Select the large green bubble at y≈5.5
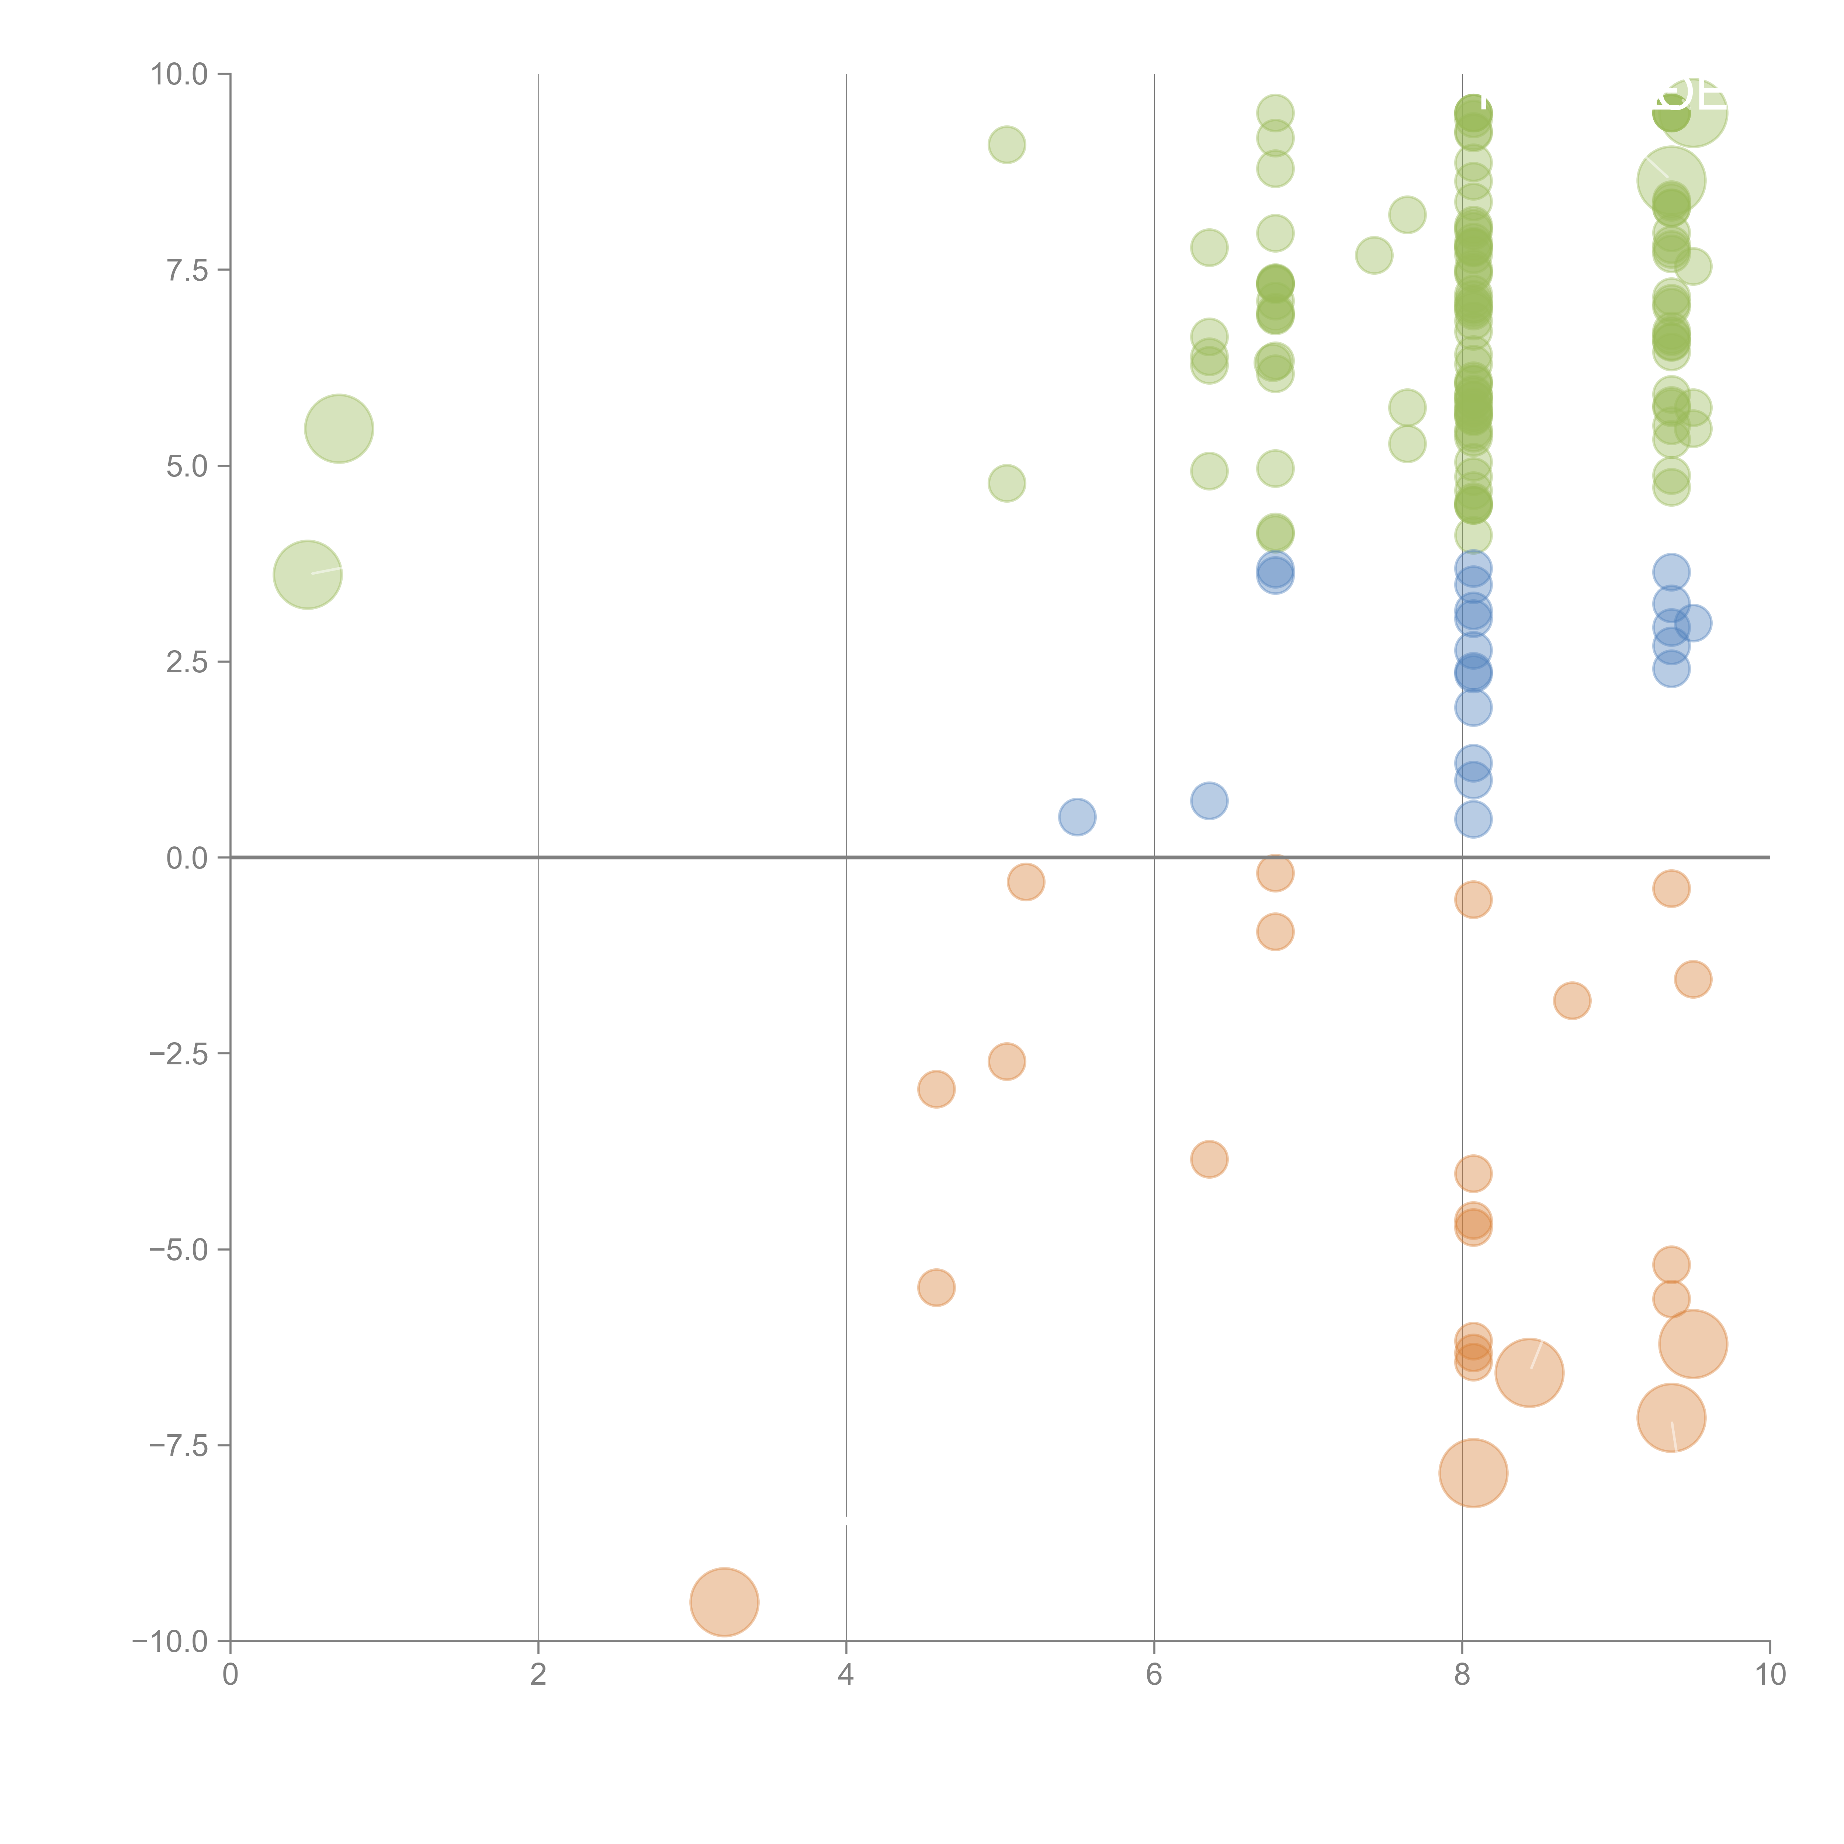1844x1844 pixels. click(x=339, y=429)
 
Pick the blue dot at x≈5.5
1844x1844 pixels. click(x=1077, y=817)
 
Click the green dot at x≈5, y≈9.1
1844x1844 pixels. click(x=1006, y=145)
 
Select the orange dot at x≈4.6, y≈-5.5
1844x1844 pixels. click(x=936, y=1287)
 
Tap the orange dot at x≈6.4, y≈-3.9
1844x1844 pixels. click(x=1209, y=1160)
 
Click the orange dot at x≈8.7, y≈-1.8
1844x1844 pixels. click(x=1572, y=1000)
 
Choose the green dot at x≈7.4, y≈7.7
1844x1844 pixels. click(x=1373, y=255)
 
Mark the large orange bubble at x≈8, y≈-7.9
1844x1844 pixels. click(x=1473, y=1473)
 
